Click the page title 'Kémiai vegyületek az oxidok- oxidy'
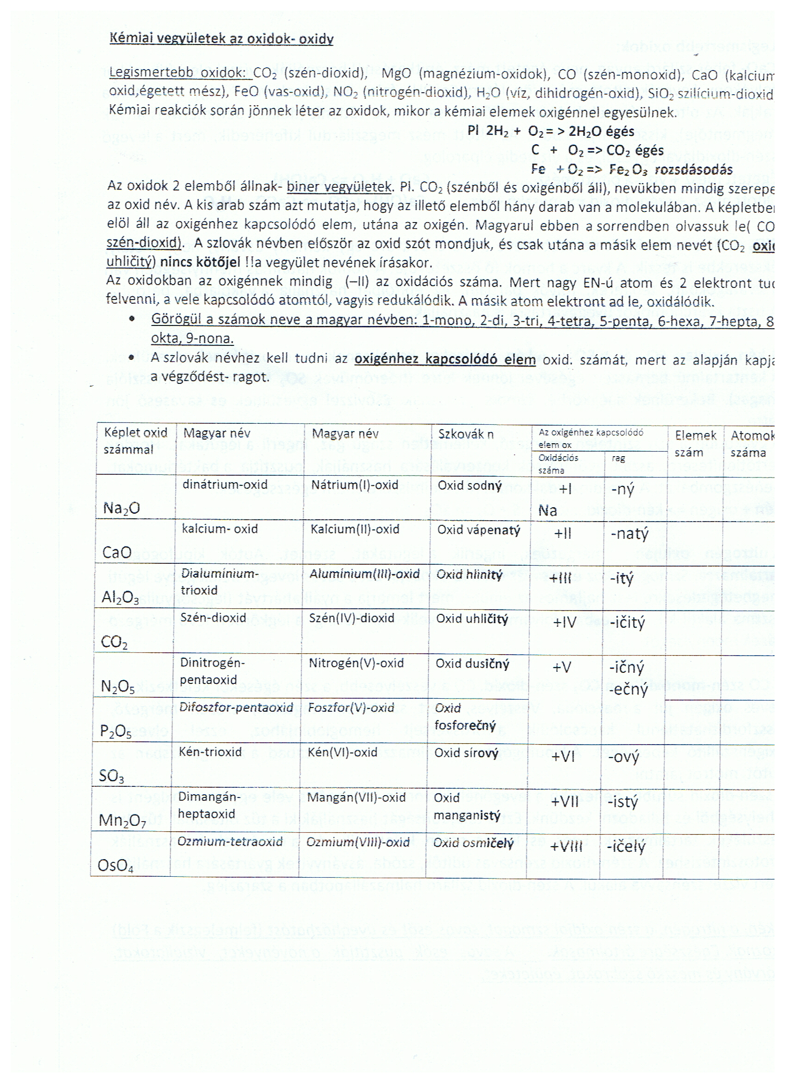click(x=221, y=39)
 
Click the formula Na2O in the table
click(x=121, y=508)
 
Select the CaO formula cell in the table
click(x=117, y=553)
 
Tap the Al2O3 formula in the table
click(x=120, y=598)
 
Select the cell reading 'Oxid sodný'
click(x=470, y=485)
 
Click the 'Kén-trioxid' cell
click(x=210, y=752)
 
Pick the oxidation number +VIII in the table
click(x=566, y=847)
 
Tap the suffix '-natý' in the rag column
click(x=629, y=534)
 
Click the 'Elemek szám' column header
click(x=695, y=444)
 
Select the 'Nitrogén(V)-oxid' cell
click(x=356, y=663)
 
